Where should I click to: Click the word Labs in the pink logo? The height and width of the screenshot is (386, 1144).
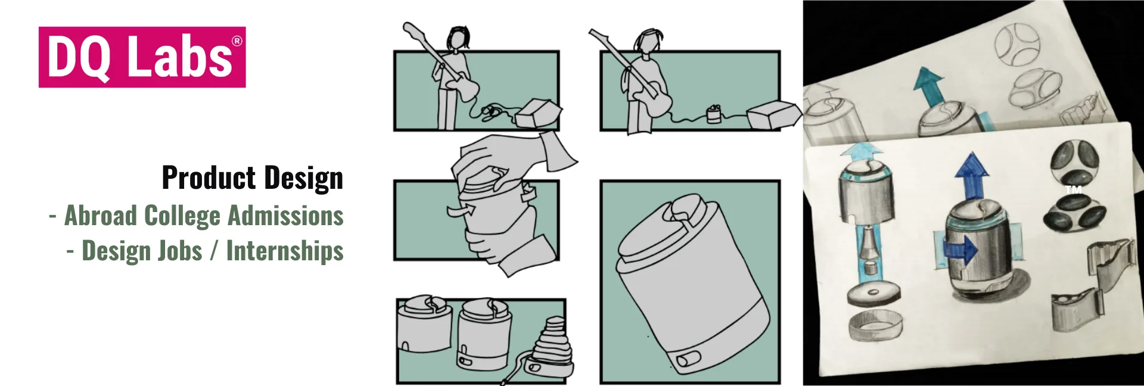coord(180,57)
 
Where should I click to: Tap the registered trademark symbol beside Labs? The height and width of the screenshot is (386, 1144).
coord(237,41)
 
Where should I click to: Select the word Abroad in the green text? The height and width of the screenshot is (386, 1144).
coord(101,215)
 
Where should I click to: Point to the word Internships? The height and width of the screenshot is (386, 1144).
coord(285,251)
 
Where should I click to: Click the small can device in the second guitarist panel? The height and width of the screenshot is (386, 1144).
coord(714,114)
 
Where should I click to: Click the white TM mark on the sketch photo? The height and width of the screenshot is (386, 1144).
coord(1074,190)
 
